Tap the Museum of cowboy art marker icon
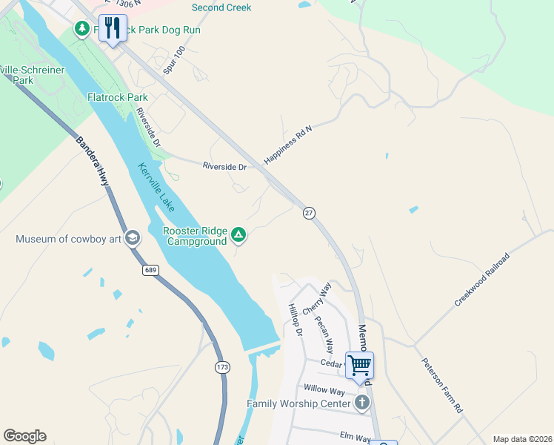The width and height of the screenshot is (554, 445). (x=132, y=238)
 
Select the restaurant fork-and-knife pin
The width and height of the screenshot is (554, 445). (x=113, y=28)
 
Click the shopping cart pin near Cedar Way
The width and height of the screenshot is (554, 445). (x=360, y=365)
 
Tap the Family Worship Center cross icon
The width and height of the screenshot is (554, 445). (x=361, y=403)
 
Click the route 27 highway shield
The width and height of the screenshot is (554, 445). (x=309, y=213)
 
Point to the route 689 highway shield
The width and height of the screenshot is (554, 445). (x=151, y=270)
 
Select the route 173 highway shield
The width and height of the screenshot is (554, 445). (x=223, y=367)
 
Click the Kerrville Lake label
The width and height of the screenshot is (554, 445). (x=156, y=187)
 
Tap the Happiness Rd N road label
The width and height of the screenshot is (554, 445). (x=289, y=145)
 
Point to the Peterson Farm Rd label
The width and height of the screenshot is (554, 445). (x=442, y=386)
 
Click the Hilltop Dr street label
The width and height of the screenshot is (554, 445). (x=296, y=320)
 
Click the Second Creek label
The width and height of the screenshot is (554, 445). (x=221, y=7)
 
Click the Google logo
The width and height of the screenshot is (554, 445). (x=24, y=436)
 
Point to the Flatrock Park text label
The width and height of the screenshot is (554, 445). (x=117, y=97)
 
